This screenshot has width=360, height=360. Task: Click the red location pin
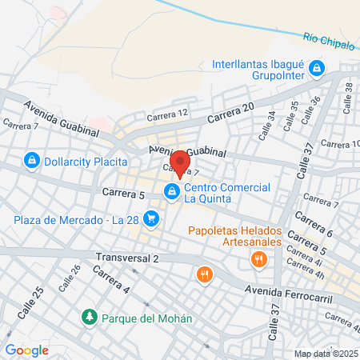(182, 162)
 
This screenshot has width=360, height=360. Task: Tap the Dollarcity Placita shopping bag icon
(31, 161)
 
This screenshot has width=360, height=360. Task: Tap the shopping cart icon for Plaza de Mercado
(154, 220)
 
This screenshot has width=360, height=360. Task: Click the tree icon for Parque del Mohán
(89, 318)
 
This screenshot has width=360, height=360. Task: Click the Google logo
(26, 350)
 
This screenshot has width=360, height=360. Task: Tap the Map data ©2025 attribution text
(325, 354)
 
